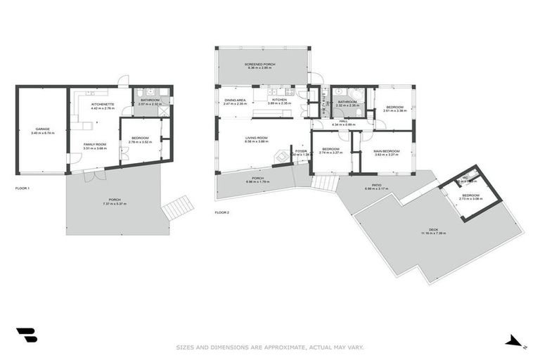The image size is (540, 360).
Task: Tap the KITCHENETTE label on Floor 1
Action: [102, 104]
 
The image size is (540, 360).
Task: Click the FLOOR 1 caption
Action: [23, 188]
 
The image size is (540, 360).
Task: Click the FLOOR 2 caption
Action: [222, 212]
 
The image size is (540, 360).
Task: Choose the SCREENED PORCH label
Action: [260, 64]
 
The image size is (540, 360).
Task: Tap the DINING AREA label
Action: [235, 100]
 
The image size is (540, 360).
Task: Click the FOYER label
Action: [301, 150]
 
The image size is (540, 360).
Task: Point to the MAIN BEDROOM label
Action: [386, 150]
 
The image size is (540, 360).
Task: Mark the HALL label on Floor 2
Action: [344, 121]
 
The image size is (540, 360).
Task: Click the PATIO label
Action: [377, 186]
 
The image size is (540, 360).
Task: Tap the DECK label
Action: [433, 229]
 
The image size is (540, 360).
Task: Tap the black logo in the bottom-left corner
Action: [26, 336]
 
